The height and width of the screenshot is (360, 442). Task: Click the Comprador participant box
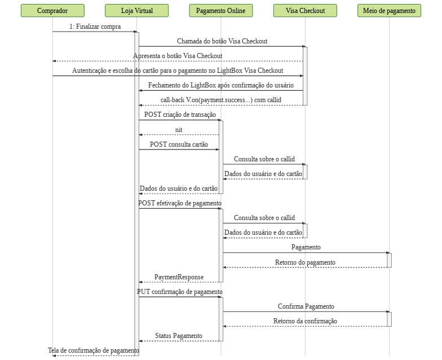coord(52,10)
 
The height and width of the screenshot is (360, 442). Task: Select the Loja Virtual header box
coord(136,10)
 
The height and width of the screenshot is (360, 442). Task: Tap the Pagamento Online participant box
coord(221,10)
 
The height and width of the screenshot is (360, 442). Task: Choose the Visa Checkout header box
coord(305,10)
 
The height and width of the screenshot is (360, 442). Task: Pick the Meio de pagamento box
coord(389,10)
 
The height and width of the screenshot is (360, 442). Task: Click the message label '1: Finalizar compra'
coord(95,27)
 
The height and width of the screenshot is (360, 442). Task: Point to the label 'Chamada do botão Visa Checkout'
coord(222,41)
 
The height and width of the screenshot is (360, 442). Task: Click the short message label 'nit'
coord(179,130)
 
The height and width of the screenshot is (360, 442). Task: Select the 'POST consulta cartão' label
coord(179,144)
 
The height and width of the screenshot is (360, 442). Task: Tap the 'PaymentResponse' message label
coord(179,277)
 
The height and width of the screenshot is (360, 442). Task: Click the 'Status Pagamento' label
coord(179,336)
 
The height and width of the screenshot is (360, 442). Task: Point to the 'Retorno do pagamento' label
coord(305,262)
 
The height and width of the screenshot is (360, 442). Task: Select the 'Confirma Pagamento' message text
coord(306,306)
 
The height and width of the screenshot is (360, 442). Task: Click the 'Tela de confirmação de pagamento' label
coord(94,350)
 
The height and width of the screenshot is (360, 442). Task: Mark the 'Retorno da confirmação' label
coord(305,321)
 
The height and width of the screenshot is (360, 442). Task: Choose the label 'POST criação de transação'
coord(180,115)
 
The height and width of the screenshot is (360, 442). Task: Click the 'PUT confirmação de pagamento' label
coord(179,292)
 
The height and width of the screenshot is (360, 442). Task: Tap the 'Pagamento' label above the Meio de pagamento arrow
coord(306,247)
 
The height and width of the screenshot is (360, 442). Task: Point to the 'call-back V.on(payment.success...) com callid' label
coord(221,100)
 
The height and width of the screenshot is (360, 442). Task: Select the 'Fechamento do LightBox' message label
coord(221,85)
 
